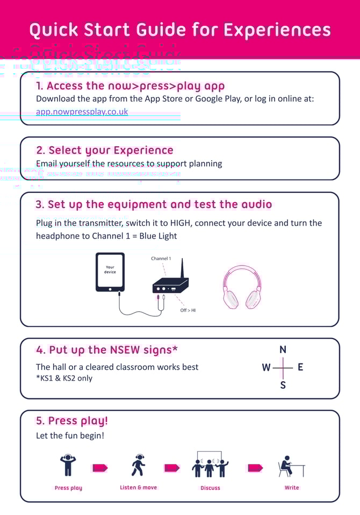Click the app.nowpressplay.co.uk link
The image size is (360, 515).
(82, 112)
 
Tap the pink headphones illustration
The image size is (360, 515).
(242, 288)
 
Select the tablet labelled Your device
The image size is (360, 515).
(110, 272)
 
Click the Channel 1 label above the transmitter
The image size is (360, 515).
(161, 259)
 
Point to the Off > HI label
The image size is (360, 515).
(188, 310)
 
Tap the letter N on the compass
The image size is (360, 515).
(283, 350)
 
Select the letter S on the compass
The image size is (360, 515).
(283, 385)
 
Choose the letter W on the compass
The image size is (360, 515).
(266, 368)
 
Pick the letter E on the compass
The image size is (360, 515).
(300, 368)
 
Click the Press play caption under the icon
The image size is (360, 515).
(68, 488)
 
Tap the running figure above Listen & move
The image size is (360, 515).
(139, 465)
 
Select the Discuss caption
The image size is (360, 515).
(210, 488)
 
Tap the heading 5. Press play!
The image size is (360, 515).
(72, 421)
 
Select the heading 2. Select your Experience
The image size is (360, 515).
(105, 151)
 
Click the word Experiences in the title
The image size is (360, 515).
(277, 30)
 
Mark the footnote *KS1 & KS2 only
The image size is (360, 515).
(64, 378)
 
